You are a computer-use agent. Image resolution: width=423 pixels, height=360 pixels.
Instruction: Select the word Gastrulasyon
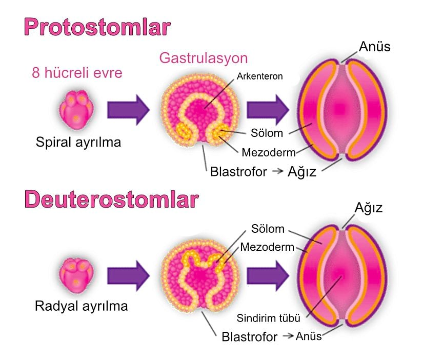point(204,57)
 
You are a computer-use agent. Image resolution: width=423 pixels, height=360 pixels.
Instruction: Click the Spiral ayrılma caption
point(78,142)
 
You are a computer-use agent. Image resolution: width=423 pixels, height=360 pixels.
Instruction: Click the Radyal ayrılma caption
point(81,307)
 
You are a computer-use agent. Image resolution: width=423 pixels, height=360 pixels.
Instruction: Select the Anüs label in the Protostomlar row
point(375,47)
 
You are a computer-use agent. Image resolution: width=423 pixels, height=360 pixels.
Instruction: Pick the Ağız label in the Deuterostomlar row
point(369,208)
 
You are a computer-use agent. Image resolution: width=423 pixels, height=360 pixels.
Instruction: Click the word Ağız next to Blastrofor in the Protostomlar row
point(301,171)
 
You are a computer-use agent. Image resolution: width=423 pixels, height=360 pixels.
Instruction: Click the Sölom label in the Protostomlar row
point(267,133)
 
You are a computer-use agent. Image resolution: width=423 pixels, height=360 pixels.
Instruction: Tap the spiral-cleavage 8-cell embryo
point(77,107)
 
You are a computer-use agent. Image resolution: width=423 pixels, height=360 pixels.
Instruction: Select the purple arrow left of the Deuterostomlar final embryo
point(267,275)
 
